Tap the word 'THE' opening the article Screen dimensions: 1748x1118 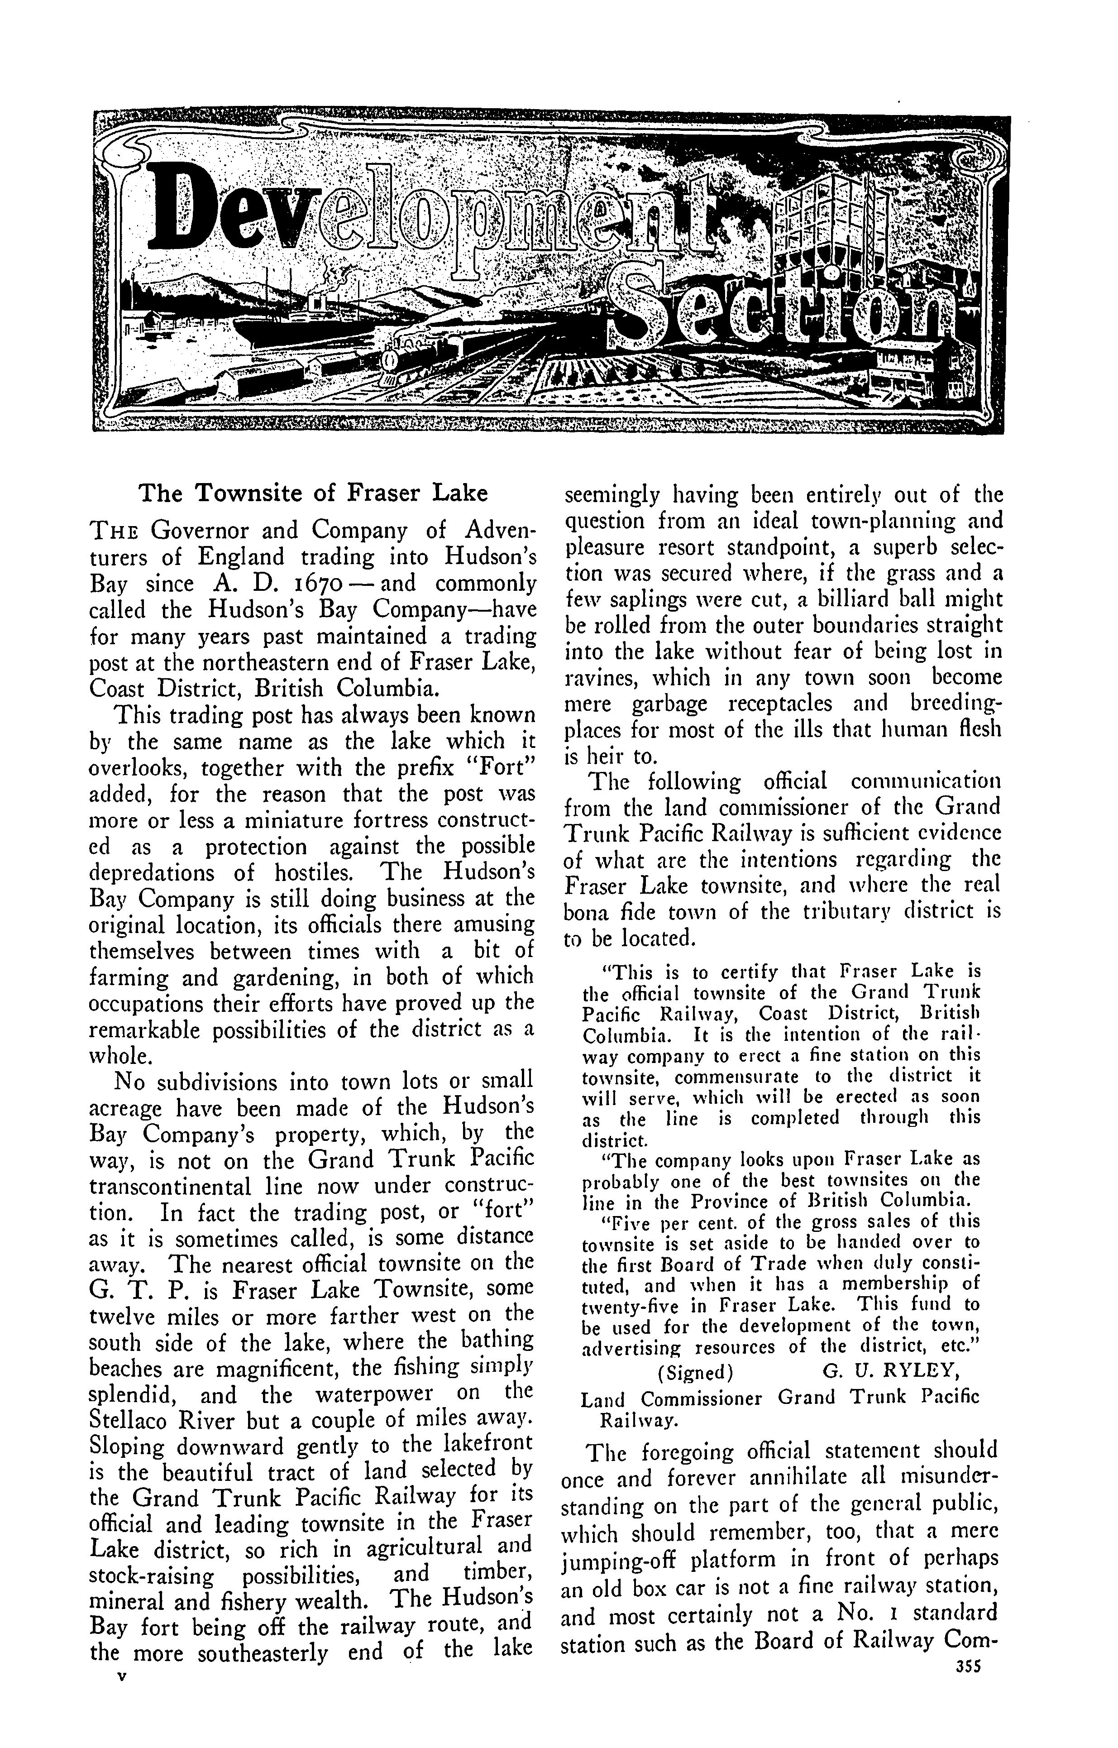110,532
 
